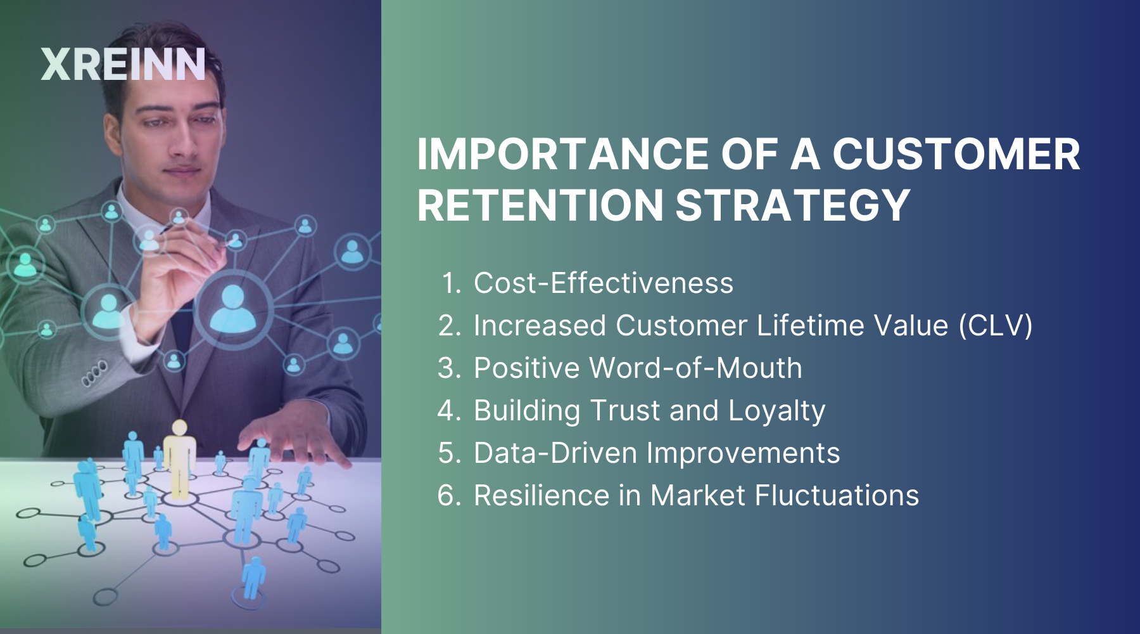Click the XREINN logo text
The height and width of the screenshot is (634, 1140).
click(123, 65)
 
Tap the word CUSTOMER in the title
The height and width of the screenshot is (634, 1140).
click(956, 154)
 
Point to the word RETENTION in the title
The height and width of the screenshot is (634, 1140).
click(540, 205)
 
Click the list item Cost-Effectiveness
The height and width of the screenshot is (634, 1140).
click(603, 283)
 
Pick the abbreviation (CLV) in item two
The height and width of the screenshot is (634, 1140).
click(995, 325)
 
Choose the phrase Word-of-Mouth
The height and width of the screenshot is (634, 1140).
click(695, 368)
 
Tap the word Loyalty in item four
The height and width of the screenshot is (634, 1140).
click(776, 411)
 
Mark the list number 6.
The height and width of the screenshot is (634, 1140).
click(449, 495)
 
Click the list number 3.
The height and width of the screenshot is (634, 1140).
click(449, 368)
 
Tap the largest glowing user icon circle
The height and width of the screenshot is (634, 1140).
click(233, 309)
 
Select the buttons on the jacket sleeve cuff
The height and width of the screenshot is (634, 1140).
click(94, 373)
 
